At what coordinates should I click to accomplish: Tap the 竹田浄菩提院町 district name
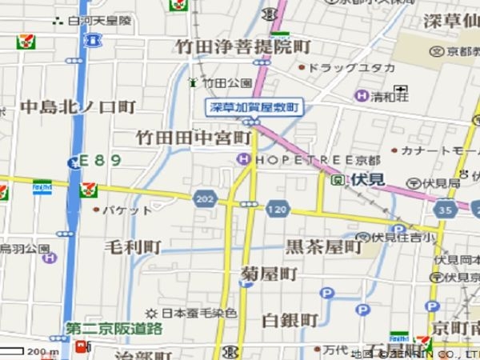pyautogui.click(x=244, y=46)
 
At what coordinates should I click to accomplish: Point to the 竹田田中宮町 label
pyautogui.click(x=194, y=138)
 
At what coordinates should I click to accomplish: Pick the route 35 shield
pyautogui.click(x=446, y=210)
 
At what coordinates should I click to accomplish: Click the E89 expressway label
pyautogui.click(x=101, y=160)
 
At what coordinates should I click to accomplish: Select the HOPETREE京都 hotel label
pyautogui.click(x=298, y=160)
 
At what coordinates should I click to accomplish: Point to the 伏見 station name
pyautogui.click(x=369, y=180)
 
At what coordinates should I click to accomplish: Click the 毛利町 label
pyautogui.click(x=133, y=246)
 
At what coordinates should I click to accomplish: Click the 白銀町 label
pyautogui.click(x=290, y=320)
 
